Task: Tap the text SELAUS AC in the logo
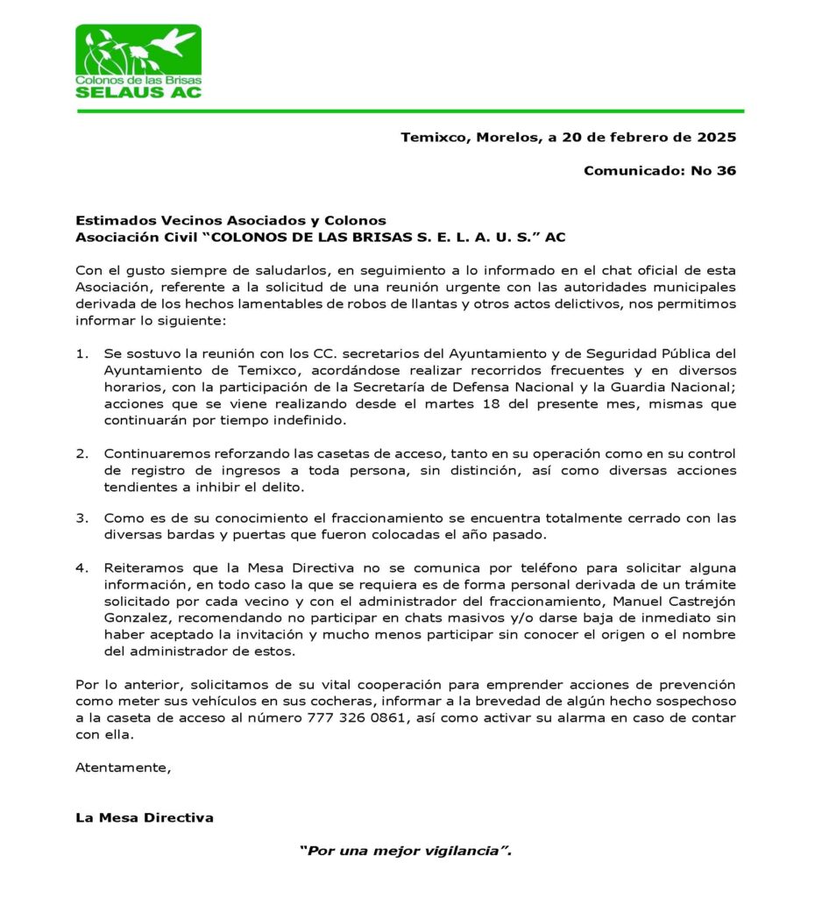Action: point(138,91)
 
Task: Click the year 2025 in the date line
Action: point(717,138)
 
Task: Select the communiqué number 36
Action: point(726,171)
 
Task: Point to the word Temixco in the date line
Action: point(434,138)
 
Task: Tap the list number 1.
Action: point(81,354)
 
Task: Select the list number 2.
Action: point(81,453)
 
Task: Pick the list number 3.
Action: point(81,518)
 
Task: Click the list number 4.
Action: point(81,568)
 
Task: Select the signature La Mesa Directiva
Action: point(145,818)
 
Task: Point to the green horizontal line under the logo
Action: point(409,111)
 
